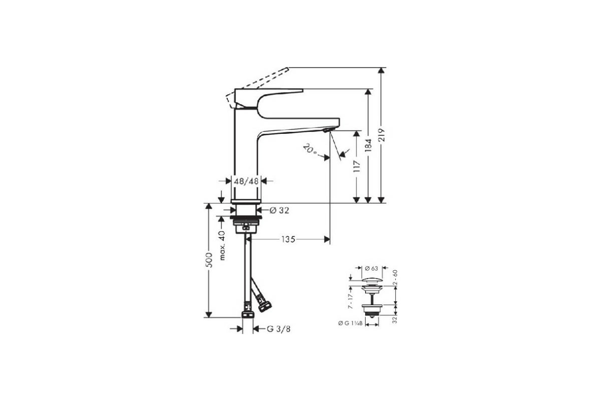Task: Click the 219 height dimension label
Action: coord(382,135)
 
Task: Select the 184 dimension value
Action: coord(369,146)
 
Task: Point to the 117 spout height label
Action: coord(357,166)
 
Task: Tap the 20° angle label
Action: coord(310,149)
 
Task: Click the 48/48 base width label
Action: coord(246,181)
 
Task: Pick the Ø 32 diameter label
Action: coord(279,211)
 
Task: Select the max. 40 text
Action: coord(222,246)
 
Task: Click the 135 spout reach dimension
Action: coord(288,239)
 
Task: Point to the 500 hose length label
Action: coord(209,260)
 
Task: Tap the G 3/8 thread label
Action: coord(279,329)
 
